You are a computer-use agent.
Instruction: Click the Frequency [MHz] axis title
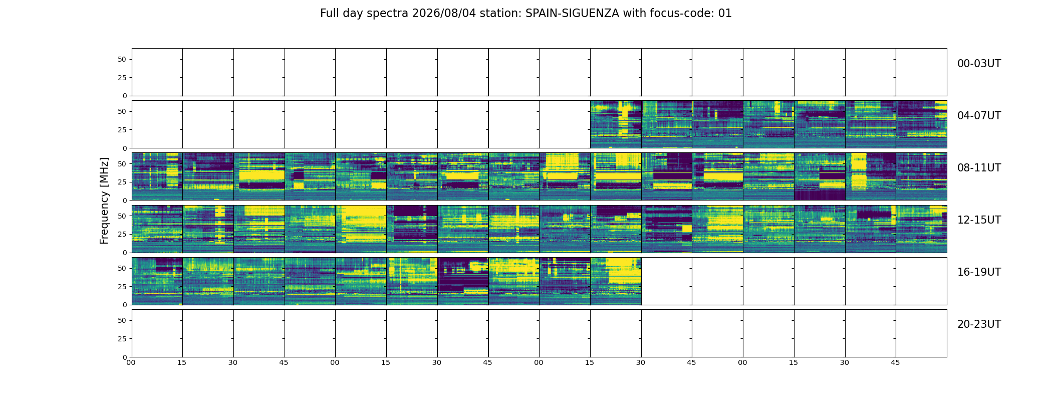click(104, 200)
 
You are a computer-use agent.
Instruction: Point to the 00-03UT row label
click(979, 64)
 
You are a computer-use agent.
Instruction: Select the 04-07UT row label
click(979, 116)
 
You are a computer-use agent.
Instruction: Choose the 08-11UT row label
click(979, 168)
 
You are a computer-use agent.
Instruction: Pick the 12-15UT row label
click(979, 220)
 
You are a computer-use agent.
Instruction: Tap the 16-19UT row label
click(979, 272)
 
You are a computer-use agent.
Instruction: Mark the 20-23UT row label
click(979, 324)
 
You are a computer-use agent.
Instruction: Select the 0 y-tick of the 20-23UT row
click(125, 357)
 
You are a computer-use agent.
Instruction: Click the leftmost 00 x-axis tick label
click(131, 362)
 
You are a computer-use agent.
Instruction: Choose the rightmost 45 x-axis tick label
click(895, 362)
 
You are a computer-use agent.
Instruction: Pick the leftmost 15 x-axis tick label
click(182, 362)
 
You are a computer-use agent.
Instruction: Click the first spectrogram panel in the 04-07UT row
click(616, 124)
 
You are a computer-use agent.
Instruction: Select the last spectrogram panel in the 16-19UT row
click(616, 281)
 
